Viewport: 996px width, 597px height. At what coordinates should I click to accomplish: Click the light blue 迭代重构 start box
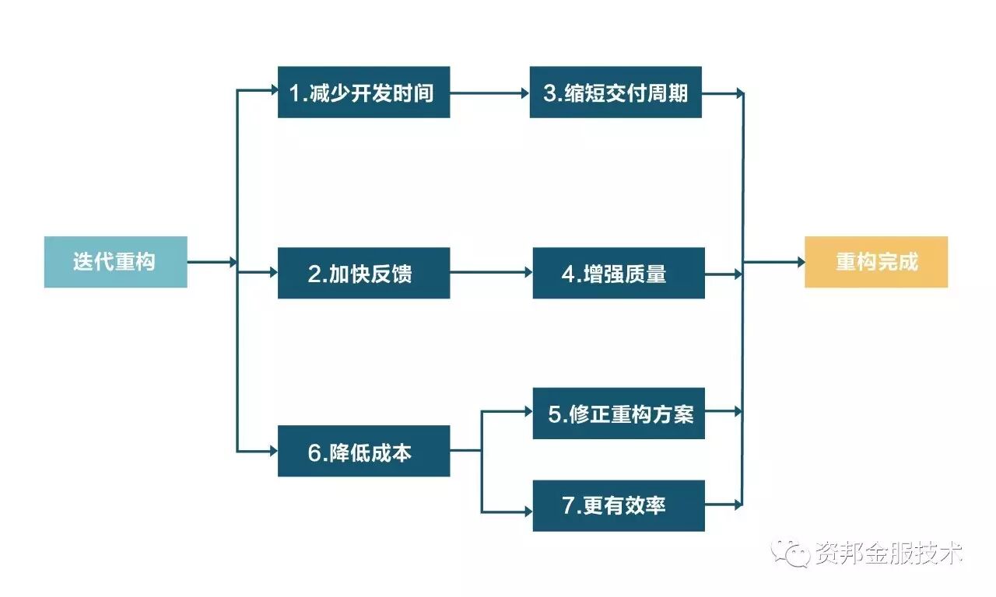(115, 262)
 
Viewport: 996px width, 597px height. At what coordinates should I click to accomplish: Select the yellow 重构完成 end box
(875, 262)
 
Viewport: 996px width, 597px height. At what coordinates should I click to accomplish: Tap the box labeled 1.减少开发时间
(363, 93)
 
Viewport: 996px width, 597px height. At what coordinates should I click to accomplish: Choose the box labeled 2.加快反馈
(363, 273)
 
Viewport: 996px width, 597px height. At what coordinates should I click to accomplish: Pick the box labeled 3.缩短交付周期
(615, 93)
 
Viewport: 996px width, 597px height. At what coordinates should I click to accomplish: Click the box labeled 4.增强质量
(619, 273)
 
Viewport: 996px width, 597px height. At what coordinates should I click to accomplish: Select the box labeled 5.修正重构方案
(619, 414)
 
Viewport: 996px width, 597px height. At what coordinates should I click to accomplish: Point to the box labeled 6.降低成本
(363, 451)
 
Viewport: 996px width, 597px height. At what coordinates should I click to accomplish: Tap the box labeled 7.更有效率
(619, 505)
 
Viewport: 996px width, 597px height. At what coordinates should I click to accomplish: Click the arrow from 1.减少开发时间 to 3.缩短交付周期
(489, 93)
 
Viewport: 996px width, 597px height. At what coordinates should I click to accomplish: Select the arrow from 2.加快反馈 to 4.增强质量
(491, 273)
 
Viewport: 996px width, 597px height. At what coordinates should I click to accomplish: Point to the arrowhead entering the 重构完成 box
(800, 263)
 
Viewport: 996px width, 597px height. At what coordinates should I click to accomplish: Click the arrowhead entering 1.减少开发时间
(273, 93)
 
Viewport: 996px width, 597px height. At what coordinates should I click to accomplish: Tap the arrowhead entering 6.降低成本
(273, 451)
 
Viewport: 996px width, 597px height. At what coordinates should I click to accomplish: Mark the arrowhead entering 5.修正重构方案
(528, 412)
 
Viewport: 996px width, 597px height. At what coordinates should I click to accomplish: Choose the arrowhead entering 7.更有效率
(528, 511)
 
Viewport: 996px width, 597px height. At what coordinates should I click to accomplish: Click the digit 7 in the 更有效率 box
(568, 505)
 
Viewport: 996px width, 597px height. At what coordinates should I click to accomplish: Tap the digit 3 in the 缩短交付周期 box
(550, 93)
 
